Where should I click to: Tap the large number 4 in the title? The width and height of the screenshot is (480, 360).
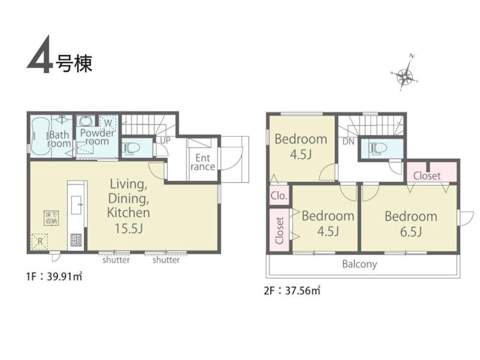(x=40, y=55)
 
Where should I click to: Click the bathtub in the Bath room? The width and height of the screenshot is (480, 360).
(x=41, y=137)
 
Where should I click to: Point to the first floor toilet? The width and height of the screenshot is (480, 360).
(x=131, y=148)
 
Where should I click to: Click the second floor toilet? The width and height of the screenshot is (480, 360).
(x=379, y=148)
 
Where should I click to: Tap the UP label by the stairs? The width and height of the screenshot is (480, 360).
(x=166, y=140)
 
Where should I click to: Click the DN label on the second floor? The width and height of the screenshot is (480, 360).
(x=349, y=142)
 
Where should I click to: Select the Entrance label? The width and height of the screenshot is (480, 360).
(x=203, y=162)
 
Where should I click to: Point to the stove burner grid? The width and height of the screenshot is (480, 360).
(x=76, y=240)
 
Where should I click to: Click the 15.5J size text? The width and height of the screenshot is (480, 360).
(x=128, y=229)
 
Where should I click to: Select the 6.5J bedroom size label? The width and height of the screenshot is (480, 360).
(x=411, y=232)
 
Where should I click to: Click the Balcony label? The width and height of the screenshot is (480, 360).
(x=359, y=264)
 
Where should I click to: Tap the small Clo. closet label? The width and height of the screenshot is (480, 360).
(x=279, y=196)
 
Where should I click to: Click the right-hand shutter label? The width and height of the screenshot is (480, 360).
(x=166, y=260)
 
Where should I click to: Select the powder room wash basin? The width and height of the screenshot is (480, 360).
(x=85, y=121)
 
